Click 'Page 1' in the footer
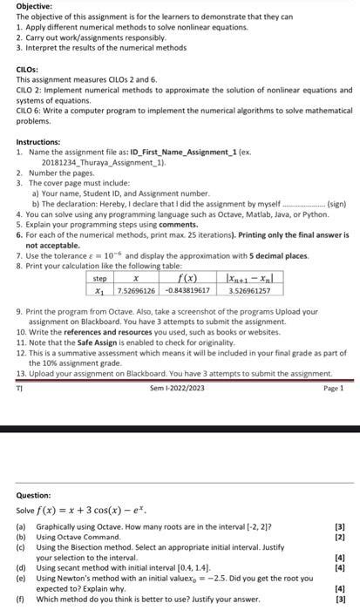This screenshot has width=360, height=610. tap(333, 388)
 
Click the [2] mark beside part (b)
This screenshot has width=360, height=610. tap(339, 538)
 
